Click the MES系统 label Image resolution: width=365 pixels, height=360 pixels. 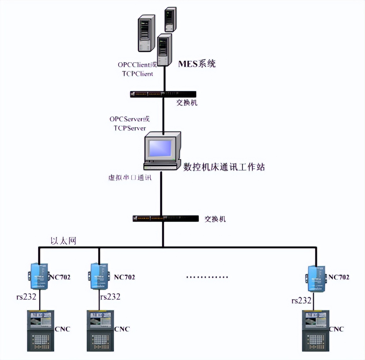point(197,63)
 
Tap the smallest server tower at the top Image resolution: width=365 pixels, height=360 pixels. point(170,19)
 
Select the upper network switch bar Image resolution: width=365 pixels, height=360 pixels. point(163,94)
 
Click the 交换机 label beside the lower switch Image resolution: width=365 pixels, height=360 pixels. point(215,219)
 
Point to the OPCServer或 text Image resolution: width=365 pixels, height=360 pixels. point(129,119)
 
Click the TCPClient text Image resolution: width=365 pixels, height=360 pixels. point(138,74)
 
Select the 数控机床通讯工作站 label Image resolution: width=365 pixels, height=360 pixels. point(224,167)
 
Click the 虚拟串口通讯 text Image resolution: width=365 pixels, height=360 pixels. point(130,177)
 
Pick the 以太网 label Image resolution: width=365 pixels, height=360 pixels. point(63,241)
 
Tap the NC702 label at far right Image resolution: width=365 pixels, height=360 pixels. point(339,277)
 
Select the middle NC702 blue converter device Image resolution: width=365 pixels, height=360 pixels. point(99,276)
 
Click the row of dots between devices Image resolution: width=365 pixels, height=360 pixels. point(207,277)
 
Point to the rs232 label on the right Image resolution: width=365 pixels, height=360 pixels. point(301,301)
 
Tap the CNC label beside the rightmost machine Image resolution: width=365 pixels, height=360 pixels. point(336,329)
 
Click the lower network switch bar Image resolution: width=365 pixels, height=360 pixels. point(165,219)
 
